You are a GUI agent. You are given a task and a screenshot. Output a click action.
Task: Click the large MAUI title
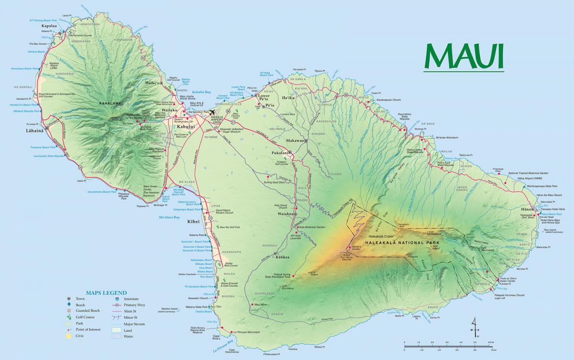(464, 56)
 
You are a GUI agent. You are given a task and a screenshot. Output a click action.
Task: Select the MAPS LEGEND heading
(106, 293)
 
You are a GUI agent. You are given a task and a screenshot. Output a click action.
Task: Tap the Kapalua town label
(50, 27)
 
